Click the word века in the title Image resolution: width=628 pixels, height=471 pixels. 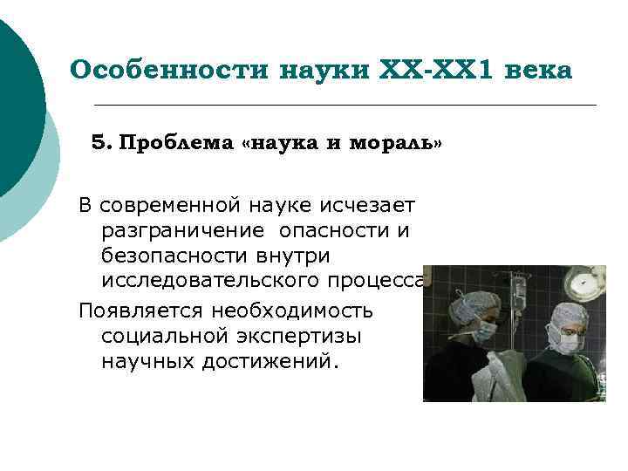542,70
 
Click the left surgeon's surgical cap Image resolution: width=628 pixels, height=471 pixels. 474,303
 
